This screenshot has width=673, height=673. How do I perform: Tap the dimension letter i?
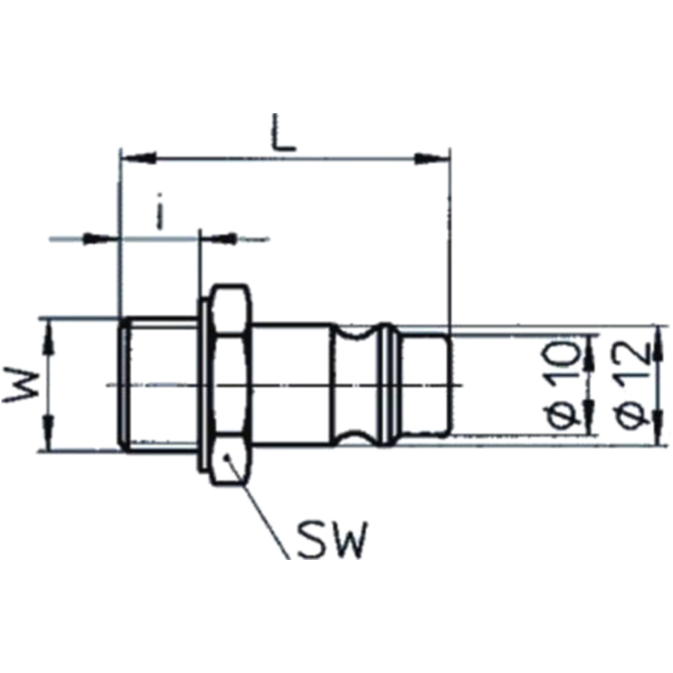[160, 211]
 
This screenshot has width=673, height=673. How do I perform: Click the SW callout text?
[333, 540]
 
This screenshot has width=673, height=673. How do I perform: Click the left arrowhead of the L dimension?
[138, 157]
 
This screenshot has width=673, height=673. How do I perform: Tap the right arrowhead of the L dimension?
[431, 158]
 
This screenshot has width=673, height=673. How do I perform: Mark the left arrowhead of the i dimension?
[100, 238]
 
